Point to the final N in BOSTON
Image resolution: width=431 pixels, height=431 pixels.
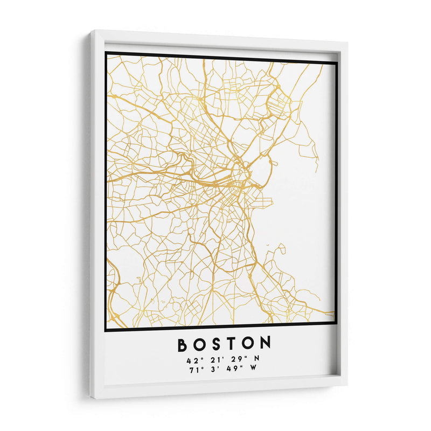pos(265,344)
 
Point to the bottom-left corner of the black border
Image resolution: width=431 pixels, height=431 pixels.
pos(106,330)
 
